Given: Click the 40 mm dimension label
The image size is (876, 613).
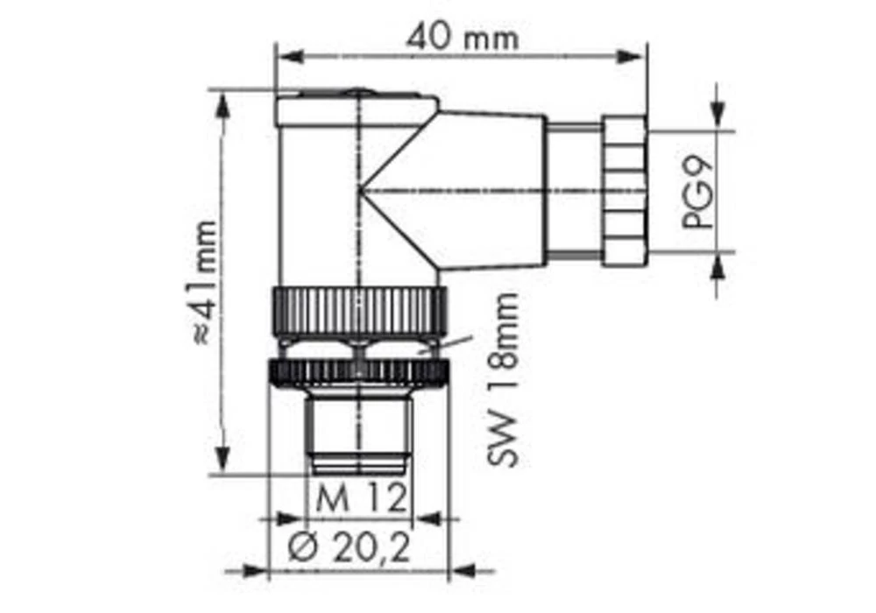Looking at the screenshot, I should click(462, 38).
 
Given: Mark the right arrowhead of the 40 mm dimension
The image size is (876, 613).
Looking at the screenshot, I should click(632, 57).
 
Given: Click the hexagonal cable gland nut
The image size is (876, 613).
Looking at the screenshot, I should click(624, 191).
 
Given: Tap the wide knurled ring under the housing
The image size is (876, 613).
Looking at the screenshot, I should click(359, 308).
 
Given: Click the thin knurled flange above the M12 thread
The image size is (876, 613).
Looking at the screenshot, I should click(359, 372).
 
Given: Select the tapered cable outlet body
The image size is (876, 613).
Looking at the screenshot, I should click(491, 188).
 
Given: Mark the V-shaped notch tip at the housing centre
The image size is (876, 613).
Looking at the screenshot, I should click(361, 191).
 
